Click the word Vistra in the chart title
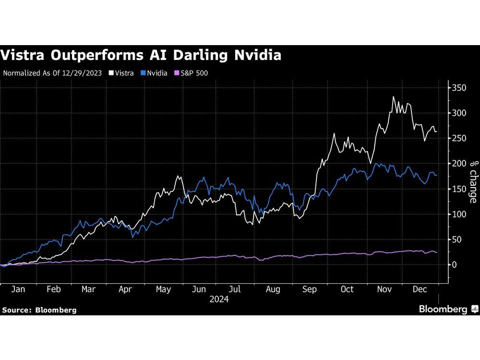[x=23, y=56]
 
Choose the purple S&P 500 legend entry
[x=191, y=73]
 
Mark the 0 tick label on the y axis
[x=454, y=265]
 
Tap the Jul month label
[x=235, y=289]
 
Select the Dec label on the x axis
[x=421, y=289]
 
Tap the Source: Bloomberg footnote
[x=39, y=310]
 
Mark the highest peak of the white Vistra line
[x=394, y=97]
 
